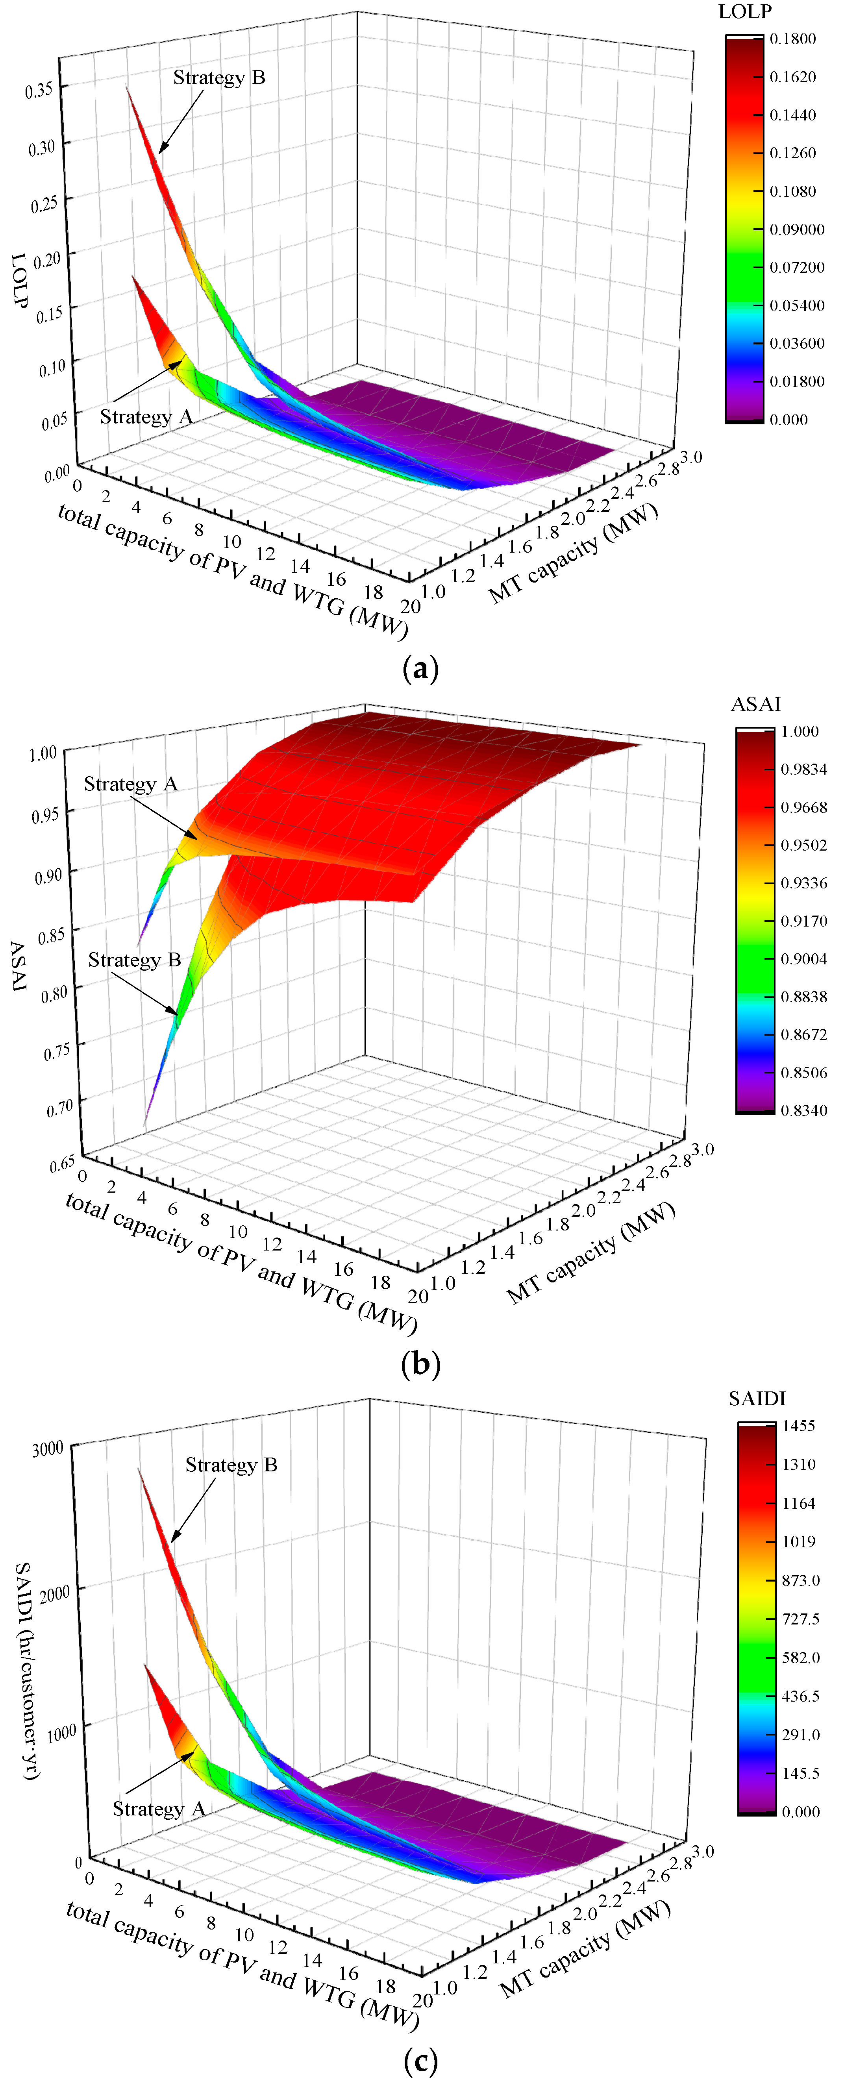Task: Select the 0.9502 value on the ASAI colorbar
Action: click(x=803, y=845)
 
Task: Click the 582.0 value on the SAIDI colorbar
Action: click(x=800, y=1658)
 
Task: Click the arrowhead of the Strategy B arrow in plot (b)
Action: click(x=176, y=1013)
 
